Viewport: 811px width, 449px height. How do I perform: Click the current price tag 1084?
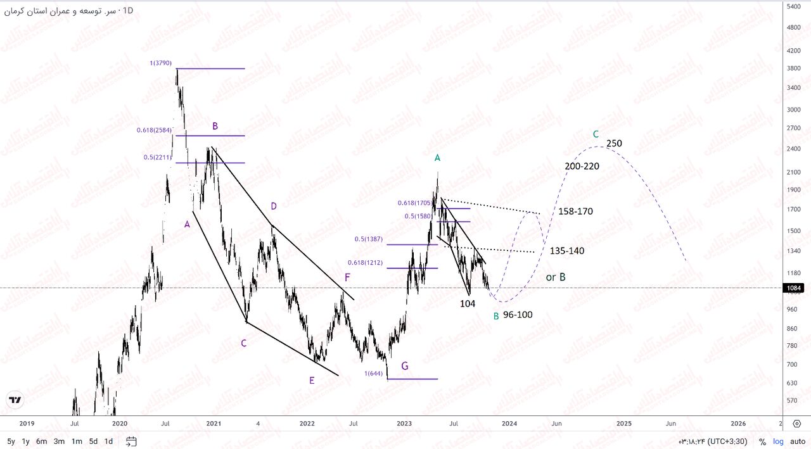point(795,288)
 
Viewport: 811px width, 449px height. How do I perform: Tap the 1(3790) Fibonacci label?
point(161,63)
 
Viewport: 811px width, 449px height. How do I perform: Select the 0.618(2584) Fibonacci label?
point(154,130)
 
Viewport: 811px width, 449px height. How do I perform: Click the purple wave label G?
point(405,365)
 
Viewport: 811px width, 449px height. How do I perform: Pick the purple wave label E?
point(312,380)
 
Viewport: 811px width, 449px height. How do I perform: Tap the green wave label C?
point(596,134)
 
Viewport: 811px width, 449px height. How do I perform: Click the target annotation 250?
point(614,144)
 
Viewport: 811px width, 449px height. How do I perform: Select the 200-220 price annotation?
point(582,166)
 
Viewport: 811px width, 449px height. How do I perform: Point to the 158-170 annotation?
point(575,211)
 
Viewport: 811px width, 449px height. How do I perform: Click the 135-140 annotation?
point(566,251)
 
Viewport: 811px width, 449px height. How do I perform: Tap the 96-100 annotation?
point(518,315)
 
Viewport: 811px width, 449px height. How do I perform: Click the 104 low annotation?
point(468,304)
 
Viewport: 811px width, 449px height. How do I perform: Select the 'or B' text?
point(556,277)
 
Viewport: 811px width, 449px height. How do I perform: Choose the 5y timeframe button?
point(11,441)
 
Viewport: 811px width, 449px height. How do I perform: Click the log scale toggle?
point(778,441)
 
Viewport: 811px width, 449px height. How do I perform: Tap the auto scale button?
point(797,441)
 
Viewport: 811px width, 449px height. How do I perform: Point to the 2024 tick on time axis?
point(509,423)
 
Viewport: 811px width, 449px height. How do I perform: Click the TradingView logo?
point(15,400)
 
